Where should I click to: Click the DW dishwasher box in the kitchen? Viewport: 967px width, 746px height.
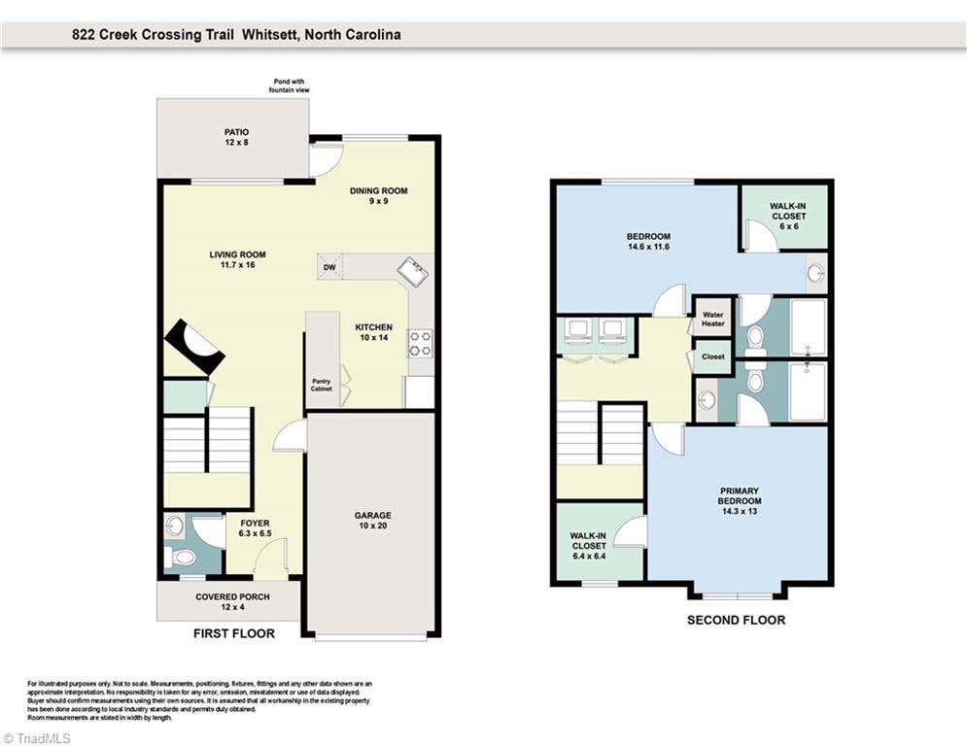point(329,267)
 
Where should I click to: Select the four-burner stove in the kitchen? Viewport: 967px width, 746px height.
point(421,344)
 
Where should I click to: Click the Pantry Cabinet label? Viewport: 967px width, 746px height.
point(322,386)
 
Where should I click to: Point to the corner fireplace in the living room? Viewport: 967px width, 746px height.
point(194,347)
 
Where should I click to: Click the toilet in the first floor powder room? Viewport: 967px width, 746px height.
point(180,558)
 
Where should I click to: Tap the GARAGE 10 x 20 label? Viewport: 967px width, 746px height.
point(372,521)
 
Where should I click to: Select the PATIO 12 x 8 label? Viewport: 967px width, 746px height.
point(237,137)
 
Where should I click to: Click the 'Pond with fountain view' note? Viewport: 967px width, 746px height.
point(290,85)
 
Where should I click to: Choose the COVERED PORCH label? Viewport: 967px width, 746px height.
point(232,601)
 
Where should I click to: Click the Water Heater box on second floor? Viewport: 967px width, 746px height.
point(713,319)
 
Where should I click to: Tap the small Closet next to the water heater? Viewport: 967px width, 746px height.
point(713,356)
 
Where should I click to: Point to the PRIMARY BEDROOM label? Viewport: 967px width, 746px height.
point(740,500)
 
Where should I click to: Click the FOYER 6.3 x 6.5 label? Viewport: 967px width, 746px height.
point(256,528)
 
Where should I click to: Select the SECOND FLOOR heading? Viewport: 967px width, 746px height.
point(737,621)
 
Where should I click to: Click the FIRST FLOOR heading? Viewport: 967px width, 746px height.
point(234,633)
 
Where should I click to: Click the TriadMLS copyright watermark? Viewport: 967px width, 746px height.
point(36,738)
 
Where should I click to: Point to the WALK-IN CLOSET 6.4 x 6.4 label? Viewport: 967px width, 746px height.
point(589,546)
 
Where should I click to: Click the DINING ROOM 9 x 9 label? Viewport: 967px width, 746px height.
point(379,195)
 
